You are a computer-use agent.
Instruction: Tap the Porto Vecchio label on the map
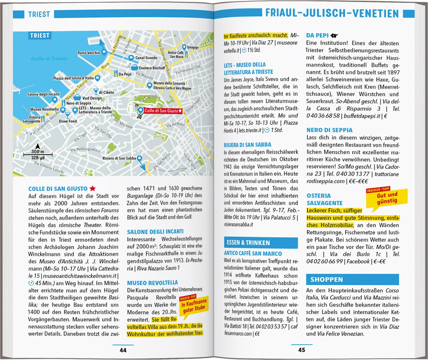[89, 53]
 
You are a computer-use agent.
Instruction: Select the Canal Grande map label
[146, 58]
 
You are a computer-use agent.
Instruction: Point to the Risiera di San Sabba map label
[119, 158]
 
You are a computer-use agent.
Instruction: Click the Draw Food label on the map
[68, 121]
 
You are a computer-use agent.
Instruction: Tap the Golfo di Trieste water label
[49, 59]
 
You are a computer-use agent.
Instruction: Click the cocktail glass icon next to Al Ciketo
[96, 92]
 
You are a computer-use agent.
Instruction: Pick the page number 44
[123, 350]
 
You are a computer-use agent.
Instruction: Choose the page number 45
[302, 350]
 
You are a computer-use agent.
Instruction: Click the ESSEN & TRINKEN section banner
[261, 243]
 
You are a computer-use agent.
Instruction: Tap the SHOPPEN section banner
[352, 280]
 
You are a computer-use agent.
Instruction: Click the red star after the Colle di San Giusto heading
[92, 189]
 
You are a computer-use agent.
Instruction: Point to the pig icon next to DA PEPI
[334, 36]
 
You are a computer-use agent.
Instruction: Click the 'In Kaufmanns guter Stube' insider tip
[194, 305]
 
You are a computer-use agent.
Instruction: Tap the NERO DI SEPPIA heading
[329, 130]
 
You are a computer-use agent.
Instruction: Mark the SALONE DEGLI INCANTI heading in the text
[155, 232]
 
